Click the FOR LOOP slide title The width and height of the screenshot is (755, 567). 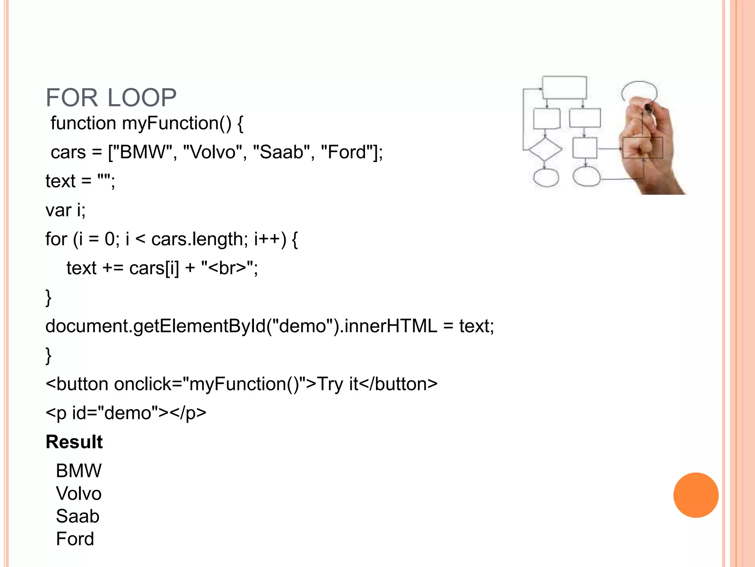111,98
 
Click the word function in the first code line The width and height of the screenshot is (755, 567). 83,123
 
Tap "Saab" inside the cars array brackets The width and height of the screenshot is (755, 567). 281,152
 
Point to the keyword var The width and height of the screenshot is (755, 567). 58,210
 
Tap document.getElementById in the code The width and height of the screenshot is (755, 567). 155,326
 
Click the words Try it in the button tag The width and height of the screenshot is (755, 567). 337,384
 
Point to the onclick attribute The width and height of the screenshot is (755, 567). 148,384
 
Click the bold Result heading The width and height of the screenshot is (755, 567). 74,442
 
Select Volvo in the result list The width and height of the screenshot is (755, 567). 79,494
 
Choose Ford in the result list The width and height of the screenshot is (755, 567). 75,539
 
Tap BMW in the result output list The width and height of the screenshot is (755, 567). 79,471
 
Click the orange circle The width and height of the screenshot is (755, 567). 696,495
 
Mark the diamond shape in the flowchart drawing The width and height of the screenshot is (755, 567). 545,149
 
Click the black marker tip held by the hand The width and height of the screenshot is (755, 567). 648,108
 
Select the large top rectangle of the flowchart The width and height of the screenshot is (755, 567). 564,87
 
